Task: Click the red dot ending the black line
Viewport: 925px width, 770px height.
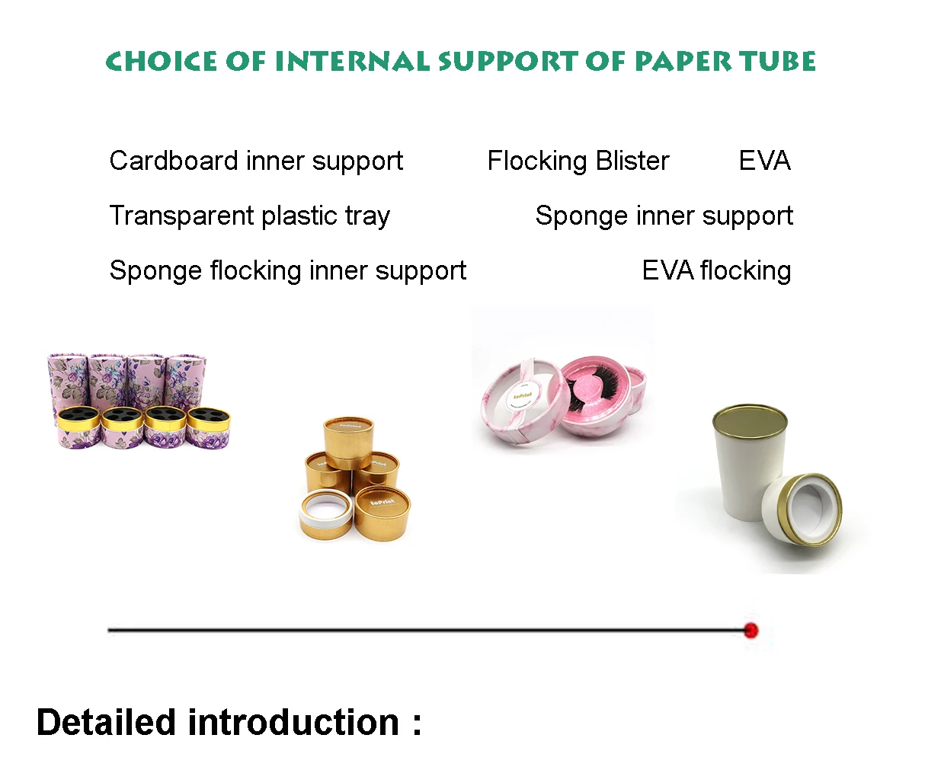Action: pyautogui.click(x=751, y=630)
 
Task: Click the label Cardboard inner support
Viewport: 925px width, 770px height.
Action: pyautogui.click(x=256, y=161)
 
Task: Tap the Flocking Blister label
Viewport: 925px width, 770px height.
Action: pyautogui.click(x=578, y=161)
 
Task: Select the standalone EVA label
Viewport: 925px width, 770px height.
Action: pyautogui.click(x=764, y=161)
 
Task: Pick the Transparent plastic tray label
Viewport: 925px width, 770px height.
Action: pyautogui.click(x=249, y=216)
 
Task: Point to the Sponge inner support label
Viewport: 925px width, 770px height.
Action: pyautogui.click(x=664, y=216)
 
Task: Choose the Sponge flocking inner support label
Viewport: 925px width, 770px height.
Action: pyautogui.click(x=288, y=271)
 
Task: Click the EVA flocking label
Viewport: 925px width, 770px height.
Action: pyautogui.click(x=716, y=271)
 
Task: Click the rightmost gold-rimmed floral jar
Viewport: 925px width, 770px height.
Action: pyautogui.click(x=208, y=427)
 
